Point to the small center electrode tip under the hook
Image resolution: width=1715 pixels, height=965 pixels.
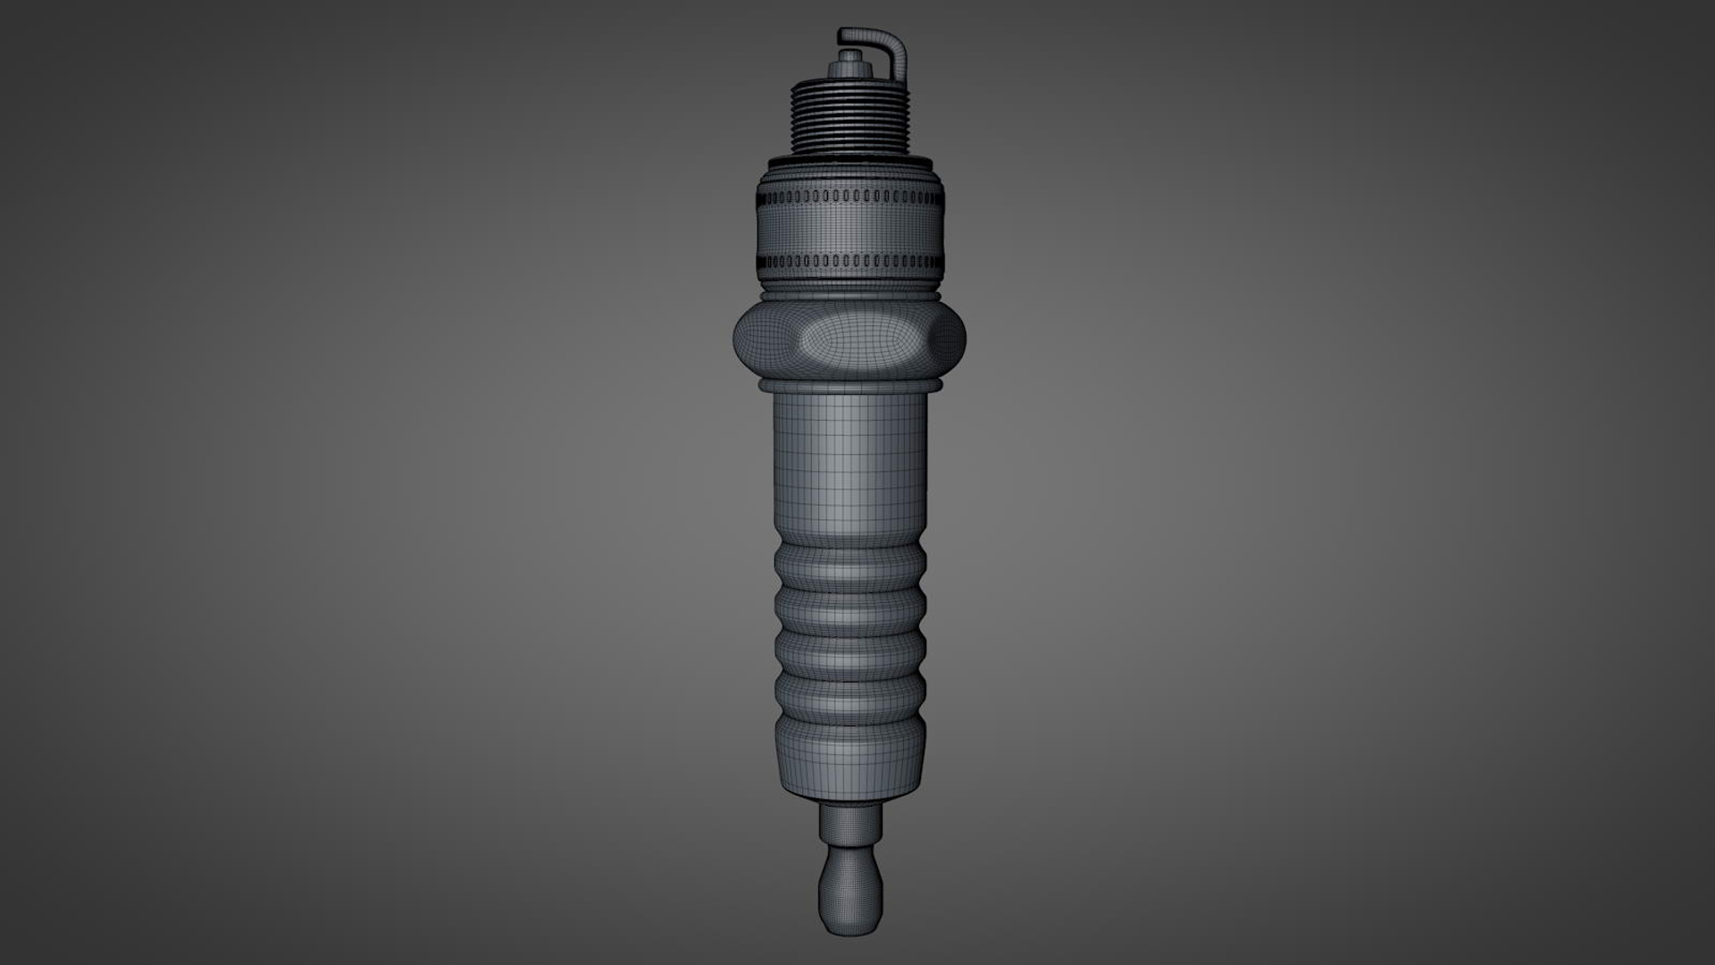pos(849,56)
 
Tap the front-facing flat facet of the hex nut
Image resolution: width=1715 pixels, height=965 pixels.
pos(849,340)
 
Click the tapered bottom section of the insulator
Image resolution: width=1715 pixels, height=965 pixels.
pos(849,759)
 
